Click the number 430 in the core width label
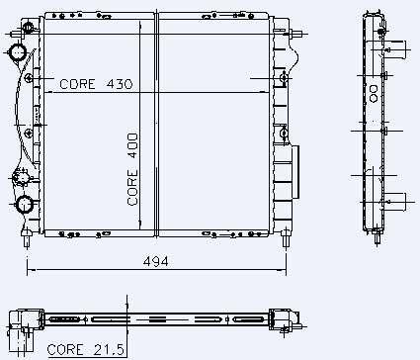[x=120, y=84]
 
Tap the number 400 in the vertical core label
[x=132, y=146]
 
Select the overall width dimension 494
[x=156, y=262]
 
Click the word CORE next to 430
[x=77, y=84]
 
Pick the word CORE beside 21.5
[x=65, y=350]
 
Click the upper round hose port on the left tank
[x=18, y=52]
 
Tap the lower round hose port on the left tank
[x=25, y=205]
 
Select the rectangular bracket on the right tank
[x=295, y=172]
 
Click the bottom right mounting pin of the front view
[x=286, y=238]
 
